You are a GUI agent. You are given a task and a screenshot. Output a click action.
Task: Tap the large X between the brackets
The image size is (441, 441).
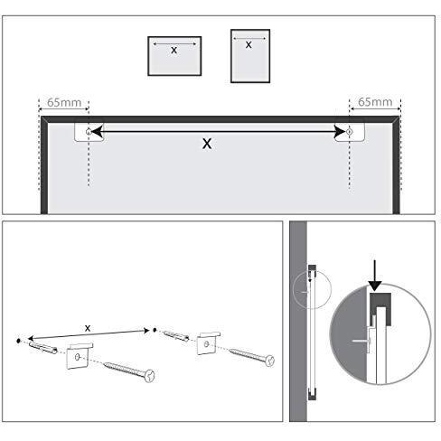207,143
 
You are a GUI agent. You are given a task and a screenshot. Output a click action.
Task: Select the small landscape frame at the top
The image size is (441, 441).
174,55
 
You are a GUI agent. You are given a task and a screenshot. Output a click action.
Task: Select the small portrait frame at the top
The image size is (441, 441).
249,55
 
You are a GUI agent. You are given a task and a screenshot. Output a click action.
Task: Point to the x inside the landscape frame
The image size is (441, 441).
174,51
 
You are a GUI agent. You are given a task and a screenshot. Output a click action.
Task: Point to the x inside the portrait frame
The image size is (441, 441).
249,44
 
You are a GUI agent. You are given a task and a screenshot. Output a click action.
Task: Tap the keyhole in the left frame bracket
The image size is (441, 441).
88,132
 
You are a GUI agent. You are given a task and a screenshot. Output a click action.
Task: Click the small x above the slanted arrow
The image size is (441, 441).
87,326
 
